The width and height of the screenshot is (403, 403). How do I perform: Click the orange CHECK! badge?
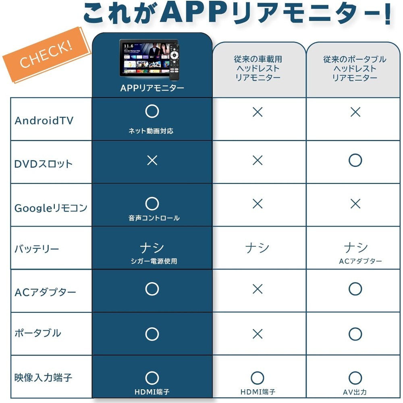(47, 55)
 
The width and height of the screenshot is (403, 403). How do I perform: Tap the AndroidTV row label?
(44, 120)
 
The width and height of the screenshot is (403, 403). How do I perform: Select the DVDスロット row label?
(44, 164)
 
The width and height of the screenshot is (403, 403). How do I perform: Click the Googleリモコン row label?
(51, 208)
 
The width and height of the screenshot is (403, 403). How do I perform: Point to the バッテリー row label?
(37, 249)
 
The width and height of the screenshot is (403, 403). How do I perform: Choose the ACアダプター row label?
(45, 292)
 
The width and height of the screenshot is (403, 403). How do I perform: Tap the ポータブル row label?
(38, 333)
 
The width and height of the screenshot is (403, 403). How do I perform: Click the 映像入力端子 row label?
(43, 378)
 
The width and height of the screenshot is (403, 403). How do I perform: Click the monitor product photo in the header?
(150, 59)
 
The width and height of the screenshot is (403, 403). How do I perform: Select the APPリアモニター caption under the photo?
(152, 88)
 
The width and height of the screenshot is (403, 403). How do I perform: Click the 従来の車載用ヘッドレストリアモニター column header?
(258, 69)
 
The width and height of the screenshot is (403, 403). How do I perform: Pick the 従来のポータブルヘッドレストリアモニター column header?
(355, 69)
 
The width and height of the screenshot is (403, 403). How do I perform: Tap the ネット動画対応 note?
(151, 131)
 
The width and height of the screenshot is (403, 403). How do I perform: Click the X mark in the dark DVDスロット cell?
(152, 160)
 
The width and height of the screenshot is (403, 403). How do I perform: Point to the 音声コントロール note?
(154, 218)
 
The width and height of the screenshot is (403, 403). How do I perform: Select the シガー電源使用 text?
(154, 261)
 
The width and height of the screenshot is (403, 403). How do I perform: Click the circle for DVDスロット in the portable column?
(355, 160)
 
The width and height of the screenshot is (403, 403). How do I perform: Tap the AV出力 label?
(355, 392)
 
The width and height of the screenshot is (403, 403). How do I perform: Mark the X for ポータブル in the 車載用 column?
(258, 334)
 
